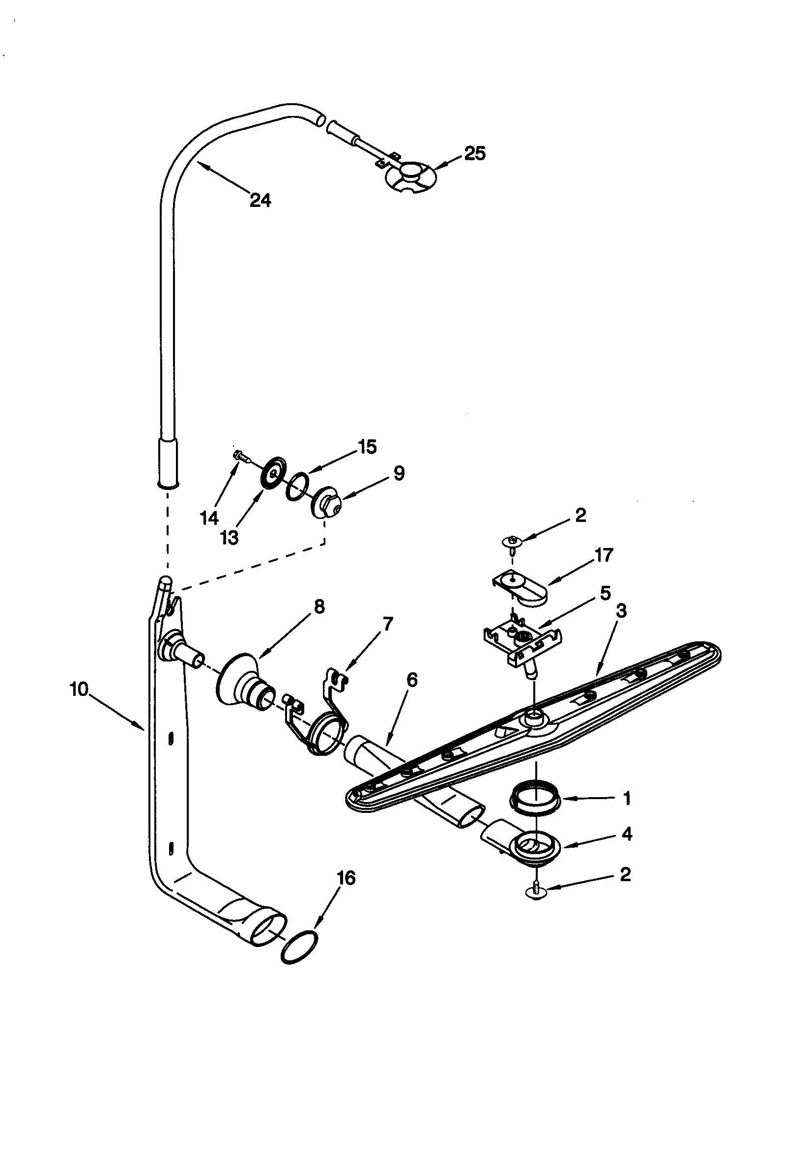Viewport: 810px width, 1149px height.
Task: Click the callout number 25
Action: tap(475, 153)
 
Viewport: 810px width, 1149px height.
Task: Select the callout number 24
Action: tap(260, 200)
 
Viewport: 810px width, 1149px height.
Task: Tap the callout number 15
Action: tap(368, 447)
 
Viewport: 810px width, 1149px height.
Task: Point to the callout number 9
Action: tap(399, 473)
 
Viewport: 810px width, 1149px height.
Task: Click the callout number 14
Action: tap(210, 518)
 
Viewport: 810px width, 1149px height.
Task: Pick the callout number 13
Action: tap(229, 538)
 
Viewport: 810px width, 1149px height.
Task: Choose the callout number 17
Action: tap(604, 555)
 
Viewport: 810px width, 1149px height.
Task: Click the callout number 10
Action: tap(79, 689)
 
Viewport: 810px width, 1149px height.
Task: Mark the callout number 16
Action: tap(347, 877)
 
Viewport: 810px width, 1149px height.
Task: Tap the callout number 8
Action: tap(318, 606)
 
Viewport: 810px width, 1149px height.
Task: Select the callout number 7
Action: tap(387, 624)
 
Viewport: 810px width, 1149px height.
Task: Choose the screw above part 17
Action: tap(512, 542)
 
